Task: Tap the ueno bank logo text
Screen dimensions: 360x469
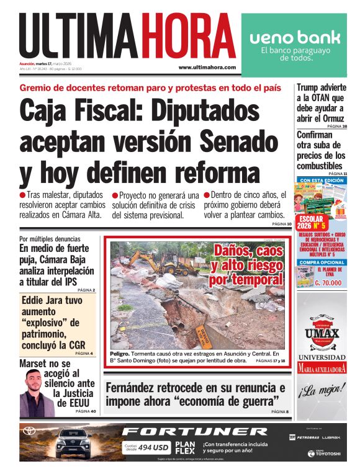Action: tap(294, 37)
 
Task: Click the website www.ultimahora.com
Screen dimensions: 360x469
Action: tap(207, 67)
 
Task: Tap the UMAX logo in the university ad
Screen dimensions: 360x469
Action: tap(321, 336)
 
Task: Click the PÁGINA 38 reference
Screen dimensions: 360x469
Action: tap(336, 126)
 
